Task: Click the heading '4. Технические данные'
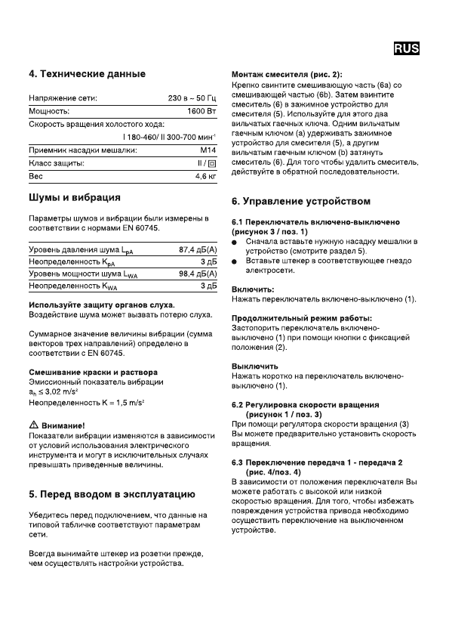point(87,74)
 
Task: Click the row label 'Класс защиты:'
point(56,162)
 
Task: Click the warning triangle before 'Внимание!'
point(33,425)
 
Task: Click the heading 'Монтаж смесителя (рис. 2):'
point(286,74)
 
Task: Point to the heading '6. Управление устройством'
point(300,202)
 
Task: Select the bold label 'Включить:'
point(253,289)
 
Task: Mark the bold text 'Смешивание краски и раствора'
point(93,373)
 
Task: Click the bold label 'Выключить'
point(254,366)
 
